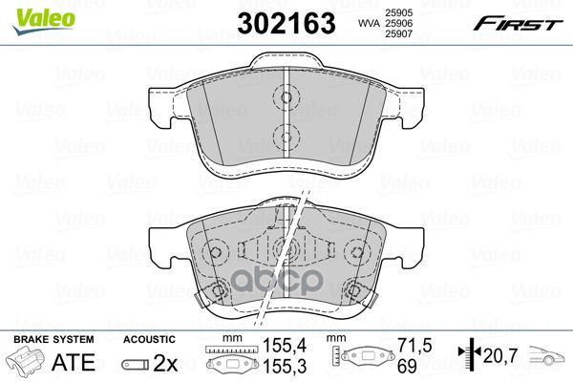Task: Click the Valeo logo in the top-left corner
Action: (x=44, y=21)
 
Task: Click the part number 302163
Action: (x=286, y=23)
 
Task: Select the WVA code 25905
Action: (x=398, y=12)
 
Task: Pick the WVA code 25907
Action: (x=398, y=34)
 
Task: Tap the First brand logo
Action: (x=519, y=24)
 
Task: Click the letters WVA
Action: (x=369, y=23)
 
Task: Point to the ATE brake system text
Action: (x=74, y=362)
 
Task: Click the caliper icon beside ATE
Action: (x=25, y=361)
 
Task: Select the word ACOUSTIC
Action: (x=149, y=340)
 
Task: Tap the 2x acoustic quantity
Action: (x=165, y=363)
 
